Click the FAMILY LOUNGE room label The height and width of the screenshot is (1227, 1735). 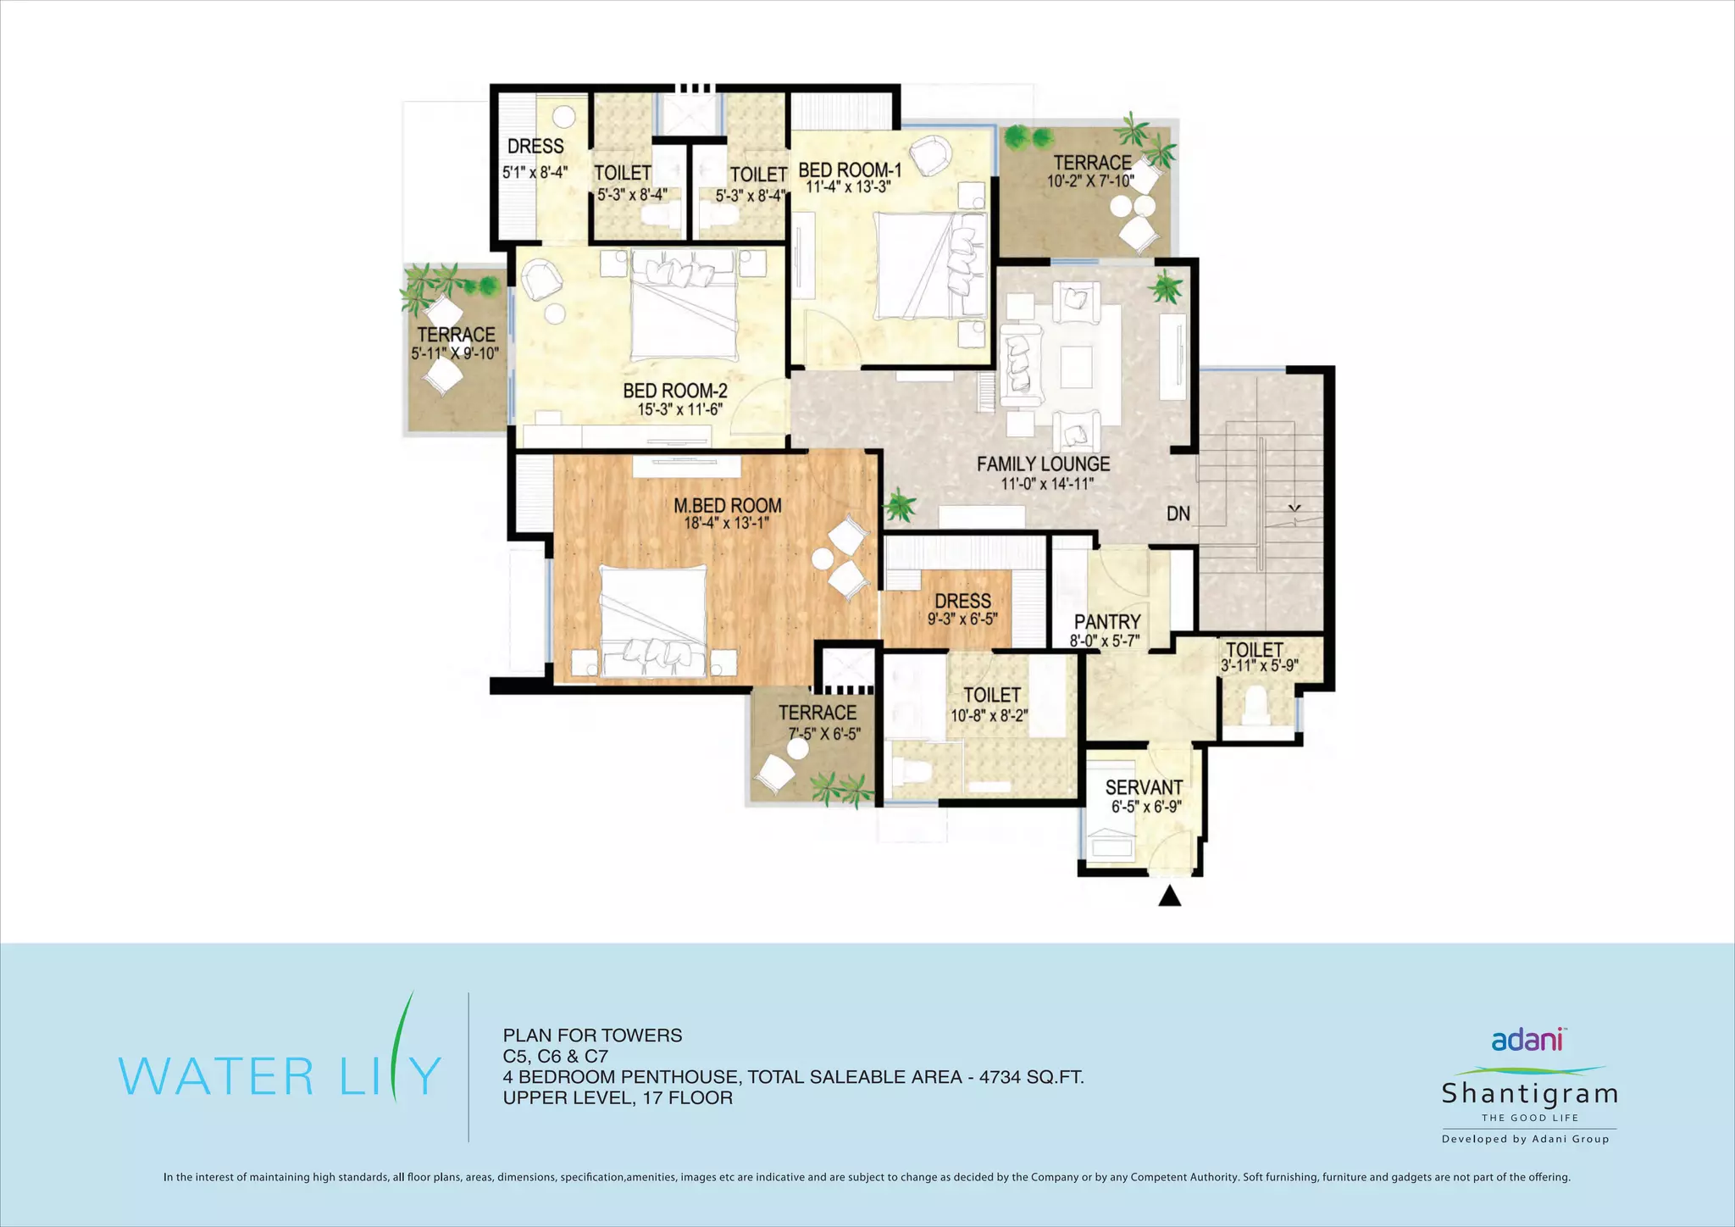(x=1043, y=464)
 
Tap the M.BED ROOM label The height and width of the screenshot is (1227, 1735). (x=728, y=506)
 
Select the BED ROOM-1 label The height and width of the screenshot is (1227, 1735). (x=850, y=170)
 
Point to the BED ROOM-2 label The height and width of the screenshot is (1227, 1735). (x=675, y=391)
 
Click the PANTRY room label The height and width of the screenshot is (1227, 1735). (x=1107, y=622)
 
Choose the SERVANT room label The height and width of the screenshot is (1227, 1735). (x=1144, y=788)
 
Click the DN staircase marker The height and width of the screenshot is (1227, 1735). (x=1178, y=514)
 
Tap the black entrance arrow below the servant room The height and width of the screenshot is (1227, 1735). (x=1170, y=896)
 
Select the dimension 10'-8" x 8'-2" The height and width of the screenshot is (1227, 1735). (x=989, y=716)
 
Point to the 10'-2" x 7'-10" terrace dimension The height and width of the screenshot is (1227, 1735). (x=1090, y=181)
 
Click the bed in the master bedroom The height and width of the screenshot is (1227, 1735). (x=653, y=622)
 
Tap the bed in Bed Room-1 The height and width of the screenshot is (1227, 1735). (x=931, y=265)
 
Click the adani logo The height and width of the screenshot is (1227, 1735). (x=1527, y=1039)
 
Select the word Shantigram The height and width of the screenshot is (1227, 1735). (x=1530, y=1093)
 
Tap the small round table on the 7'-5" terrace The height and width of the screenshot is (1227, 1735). (x=798, y=749)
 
